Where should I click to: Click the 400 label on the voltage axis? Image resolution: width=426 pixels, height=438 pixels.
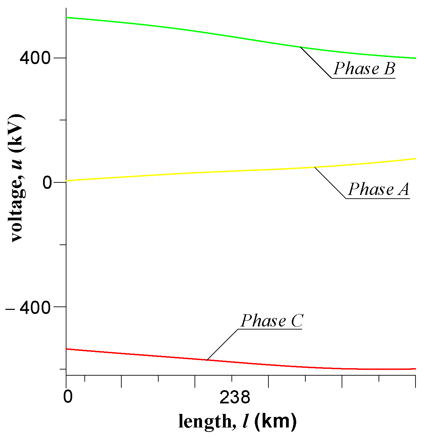(x=35, y=58)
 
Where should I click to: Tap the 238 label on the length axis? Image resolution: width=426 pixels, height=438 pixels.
(x=235, y=397)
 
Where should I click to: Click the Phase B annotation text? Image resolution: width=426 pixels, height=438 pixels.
(x=364, y=69)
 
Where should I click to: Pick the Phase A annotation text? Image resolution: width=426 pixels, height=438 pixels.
(x=379, y=189)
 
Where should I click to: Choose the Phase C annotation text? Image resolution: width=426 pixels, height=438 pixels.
(x=272, y=321)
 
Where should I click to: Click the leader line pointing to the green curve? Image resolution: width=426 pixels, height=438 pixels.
(x=316, y=63)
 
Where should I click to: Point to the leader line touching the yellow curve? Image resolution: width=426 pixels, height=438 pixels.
(x=330, y=183)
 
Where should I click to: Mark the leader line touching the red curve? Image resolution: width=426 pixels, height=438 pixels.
(x=222, y=344)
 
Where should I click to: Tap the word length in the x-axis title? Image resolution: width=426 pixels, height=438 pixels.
(x=205, y=421)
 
